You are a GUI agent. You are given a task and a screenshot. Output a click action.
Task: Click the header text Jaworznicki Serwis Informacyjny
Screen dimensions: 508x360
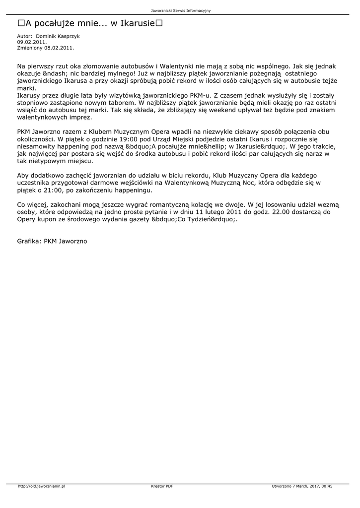(x=180, y=10)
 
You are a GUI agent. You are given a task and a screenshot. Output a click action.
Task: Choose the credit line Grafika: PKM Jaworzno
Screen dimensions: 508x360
(x=52, y=241)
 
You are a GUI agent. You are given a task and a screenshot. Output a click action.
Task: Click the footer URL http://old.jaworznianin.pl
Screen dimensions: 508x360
(x=42, y=487)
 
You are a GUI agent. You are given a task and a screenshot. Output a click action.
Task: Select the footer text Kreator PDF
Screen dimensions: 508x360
(x=162, y=487)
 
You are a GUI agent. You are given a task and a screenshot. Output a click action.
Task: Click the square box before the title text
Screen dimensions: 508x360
(x=21, y=23)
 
